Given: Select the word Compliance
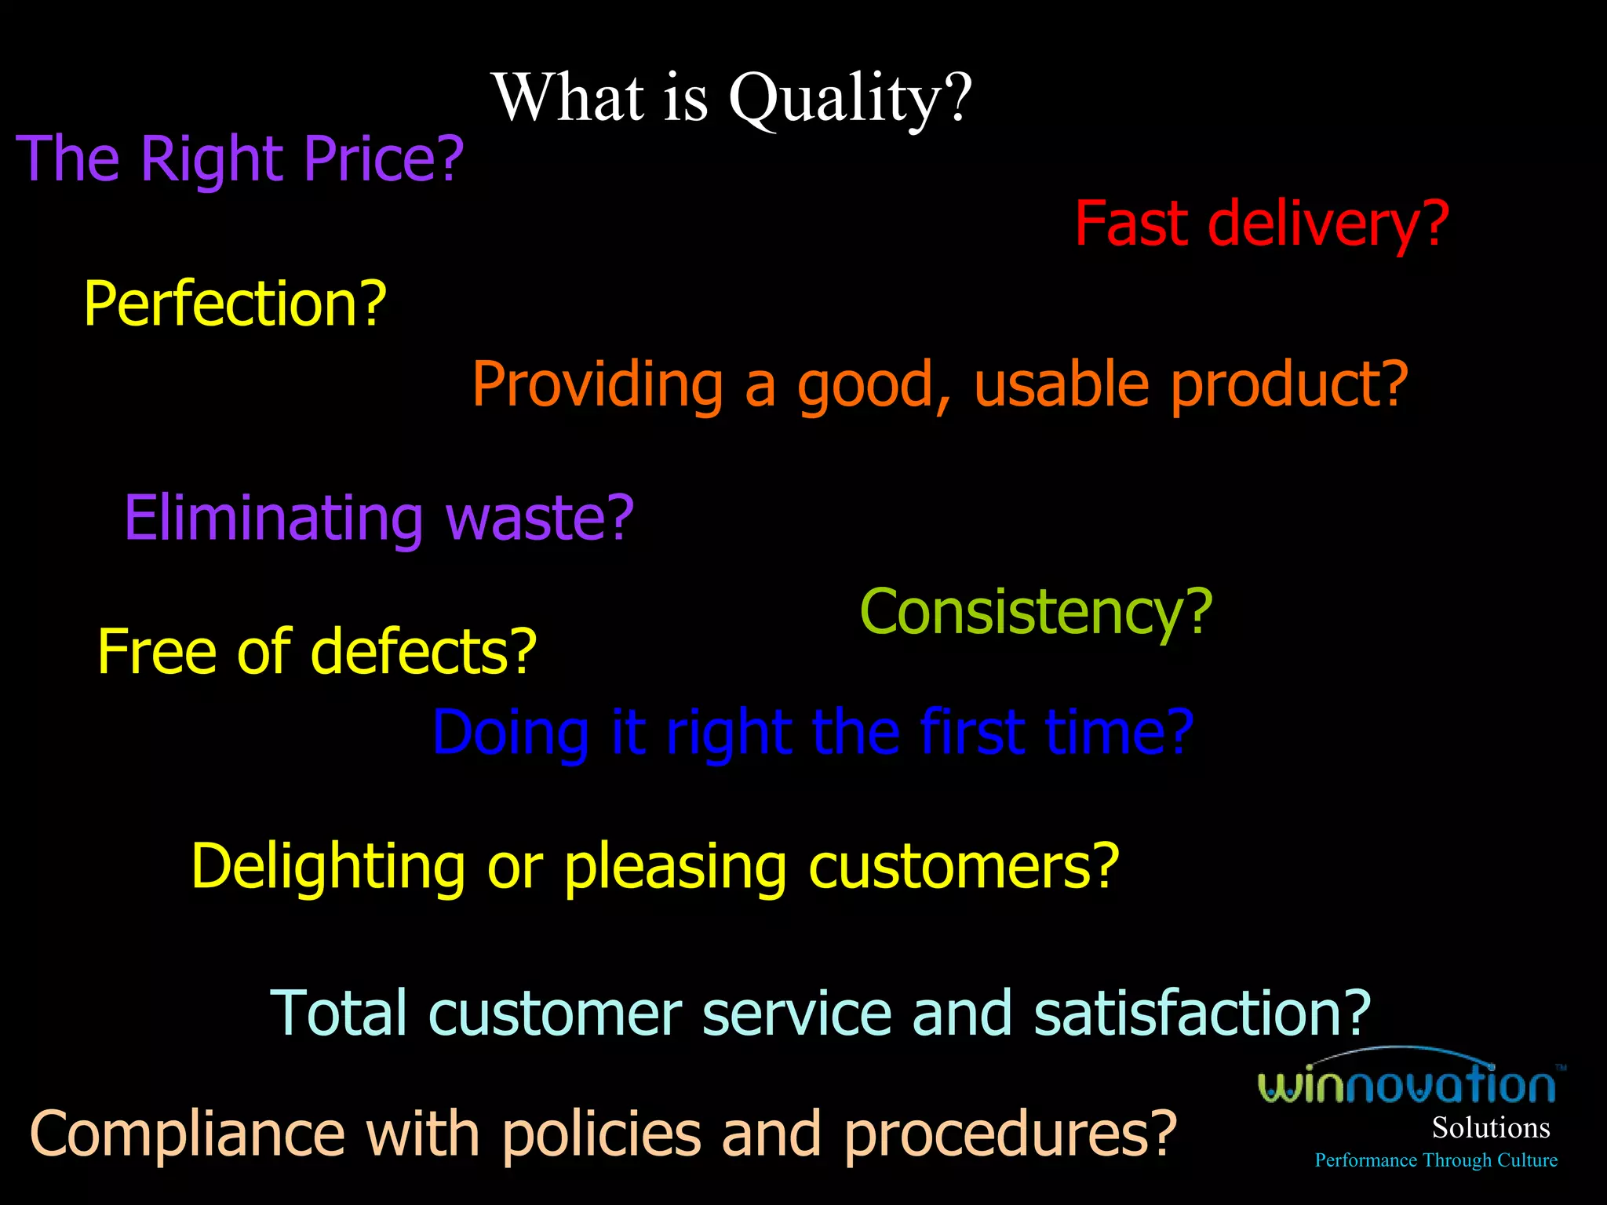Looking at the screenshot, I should [x=188, y=1134].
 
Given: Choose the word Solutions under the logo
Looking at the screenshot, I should [x=1490, y=1128].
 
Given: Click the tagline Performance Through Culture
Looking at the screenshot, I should [x=1435, y=1160].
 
